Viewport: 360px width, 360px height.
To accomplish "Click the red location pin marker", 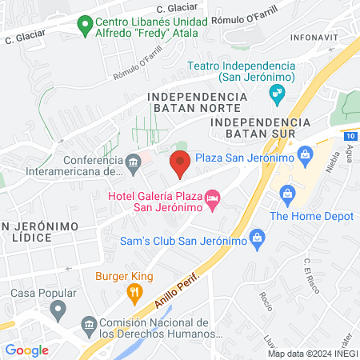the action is [180, 165].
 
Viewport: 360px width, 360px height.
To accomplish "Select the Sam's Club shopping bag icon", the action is [256, 236].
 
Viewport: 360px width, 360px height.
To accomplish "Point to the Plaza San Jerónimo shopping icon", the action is [304, 153].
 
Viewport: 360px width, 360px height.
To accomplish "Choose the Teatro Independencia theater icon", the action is [277, 95].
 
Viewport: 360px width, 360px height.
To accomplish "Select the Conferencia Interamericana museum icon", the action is [133, 162].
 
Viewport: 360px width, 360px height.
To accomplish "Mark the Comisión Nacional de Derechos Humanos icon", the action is [89, 324].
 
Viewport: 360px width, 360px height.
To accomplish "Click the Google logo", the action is [26, 350].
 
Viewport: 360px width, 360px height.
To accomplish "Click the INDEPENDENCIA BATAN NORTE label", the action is [194, 102].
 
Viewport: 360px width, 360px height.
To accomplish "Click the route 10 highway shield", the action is [353, 137].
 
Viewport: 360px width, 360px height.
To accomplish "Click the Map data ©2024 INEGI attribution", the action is [311, 353].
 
